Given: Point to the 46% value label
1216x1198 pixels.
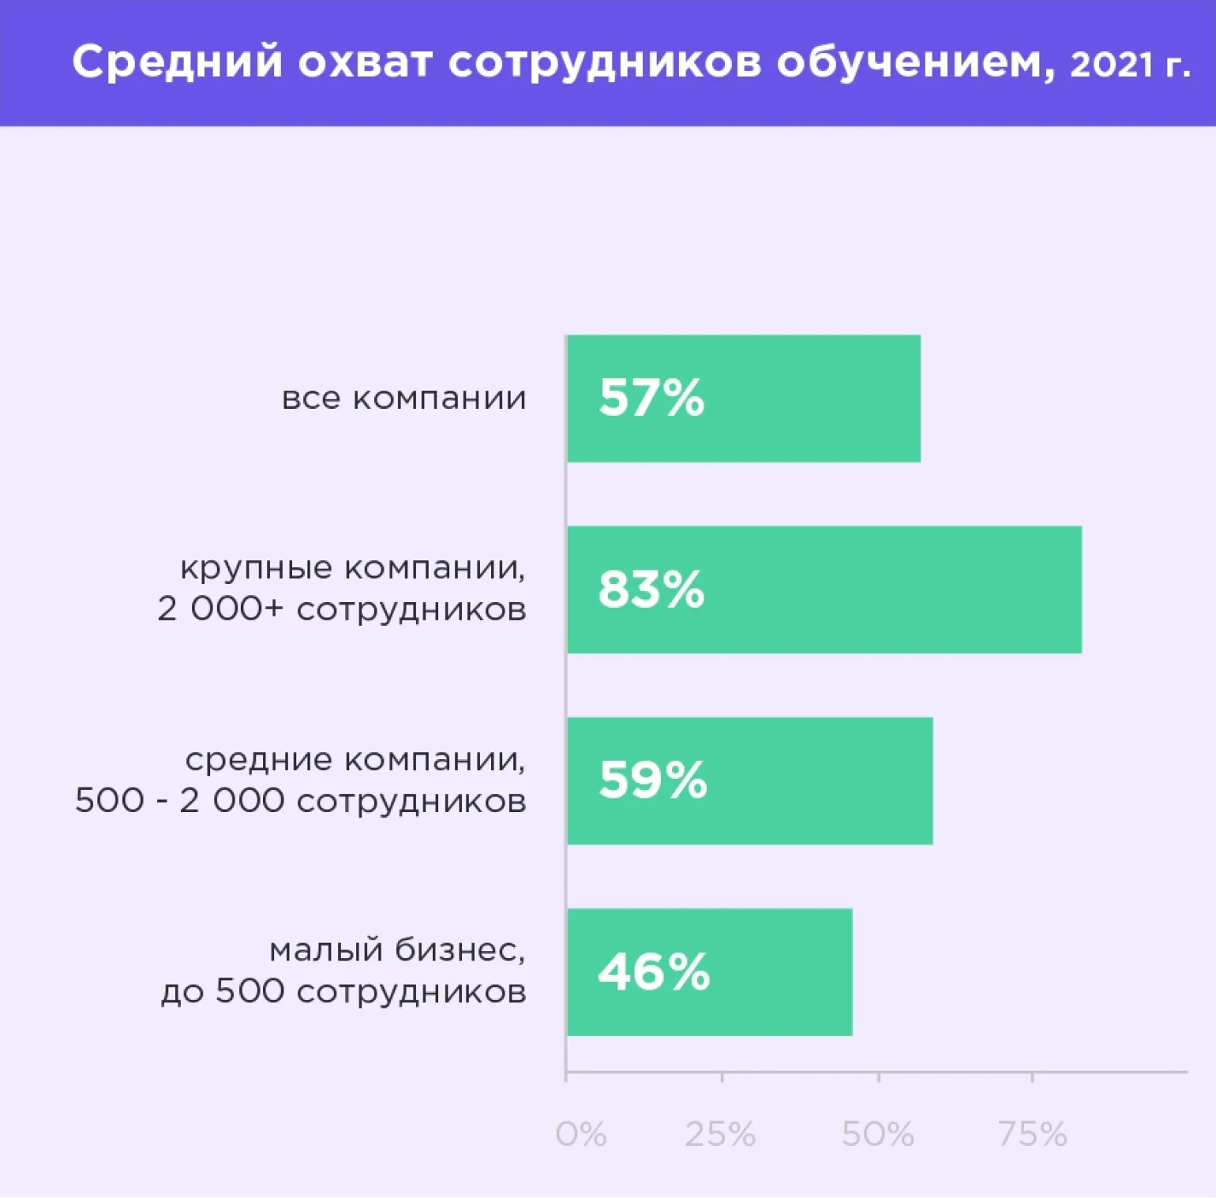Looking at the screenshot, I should point(654,972).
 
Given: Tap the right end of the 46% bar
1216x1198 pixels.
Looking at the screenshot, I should point(850,972).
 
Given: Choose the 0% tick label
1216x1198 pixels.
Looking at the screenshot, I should point(581,1134).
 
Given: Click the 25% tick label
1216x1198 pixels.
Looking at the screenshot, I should point(720,1134).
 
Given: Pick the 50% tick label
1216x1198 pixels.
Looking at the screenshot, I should point(877,1134).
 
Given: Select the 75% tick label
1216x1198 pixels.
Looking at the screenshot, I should point(1032,1134).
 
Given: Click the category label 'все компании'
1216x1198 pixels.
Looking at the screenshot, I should point(403,398).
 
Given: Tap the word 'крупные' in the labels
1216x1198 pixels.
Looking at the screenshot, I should point(256,568).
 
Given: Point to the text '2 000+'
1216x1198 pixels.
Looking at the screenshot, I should point(220,609).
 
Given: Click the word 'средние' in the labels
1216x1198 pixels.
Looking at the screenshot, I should point(259,759).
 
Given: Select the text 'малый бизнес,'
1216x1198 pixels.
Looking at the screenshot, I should point(397,950).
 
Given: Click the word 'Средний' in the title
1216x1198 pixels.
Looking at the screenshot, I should point(177,62).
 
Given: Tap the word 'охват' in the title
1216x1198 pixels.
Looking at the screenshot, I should point(365,62).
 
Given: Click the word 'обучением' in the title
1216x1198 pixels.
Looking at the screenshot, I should point(916,62).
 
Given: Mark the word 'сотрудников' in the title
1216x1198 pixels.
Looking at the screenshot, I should point(605,62).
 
